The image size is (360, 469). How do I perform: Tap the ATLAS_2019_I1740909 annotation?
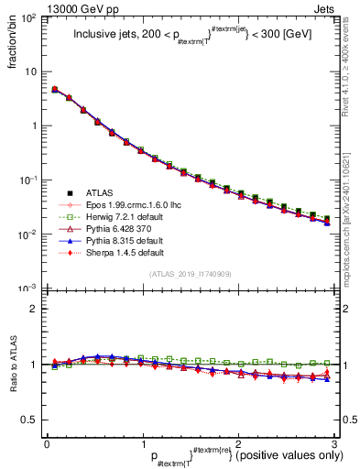[x=190, y=274]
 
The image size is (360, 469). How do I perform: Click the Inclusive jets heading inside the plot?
[x=190, y=38]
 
